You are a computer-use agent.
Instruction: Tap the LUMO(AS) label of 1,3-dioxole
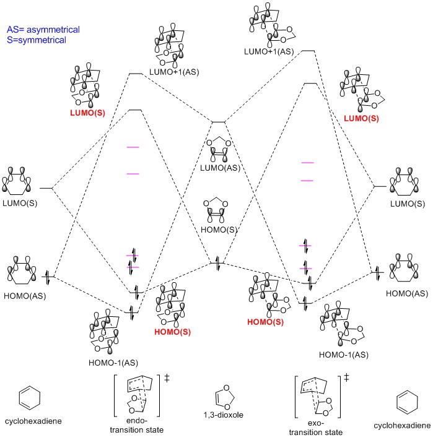(x=219, y=168)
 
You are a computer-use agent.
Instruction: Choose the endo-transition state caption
(x=138, y=424)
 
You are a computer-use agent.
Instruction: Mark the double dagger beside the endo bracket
(x=167, y=376)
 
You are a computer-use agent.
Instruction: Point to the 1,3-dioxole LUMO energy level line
(x=219, y=123)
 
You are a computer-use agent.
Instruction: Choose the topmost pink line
(x=132, y=147)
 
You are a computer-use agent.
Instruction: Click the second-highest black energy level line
(x=134, y=74)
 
